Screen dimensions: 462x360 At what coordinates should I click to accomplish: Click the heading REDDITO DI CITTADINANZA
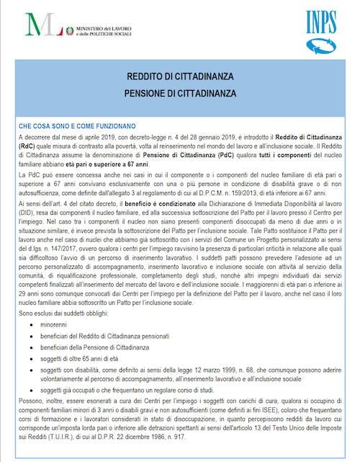[179, 76]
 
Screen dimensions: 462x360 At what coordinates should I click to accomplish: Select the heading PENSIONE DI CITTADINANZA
[179, 93]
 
